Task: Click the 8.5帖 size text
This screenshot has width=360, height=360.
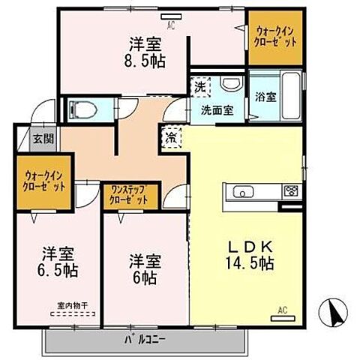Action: click(145, 59)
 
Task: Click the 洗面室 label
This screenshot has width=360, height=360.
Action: click(216, 109)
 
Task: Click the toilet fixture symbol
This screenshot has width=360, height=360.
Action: click(83, 110)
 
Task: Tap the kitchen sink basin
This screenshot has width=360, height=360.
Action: click(244, 191)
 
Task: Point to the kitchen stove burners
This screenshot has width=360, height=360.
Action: click(289, 191)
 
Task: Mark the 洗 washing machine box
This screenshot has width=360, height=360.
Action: click(200, 87)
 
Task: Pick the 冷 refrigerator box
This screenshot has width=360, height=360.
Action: click(171, 138)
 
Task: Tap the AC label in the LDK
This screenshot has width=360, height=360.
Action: click(283, 309)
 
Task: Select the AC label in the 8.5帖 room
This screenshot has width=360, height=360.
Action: click(171, 26)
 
